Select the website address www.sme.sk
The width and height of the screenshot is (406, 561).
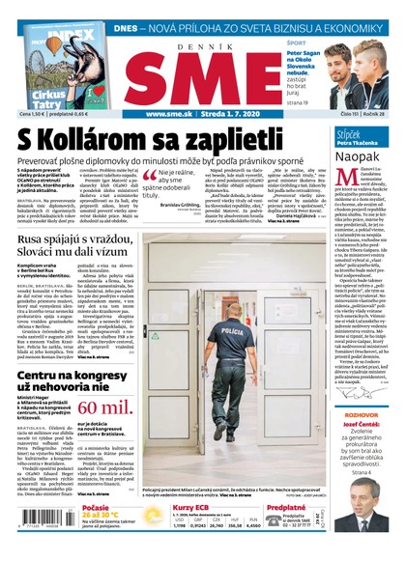[x=168, y=115]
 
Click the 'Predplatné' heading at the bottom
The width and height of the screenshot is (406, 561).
[x=286, y=507]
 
